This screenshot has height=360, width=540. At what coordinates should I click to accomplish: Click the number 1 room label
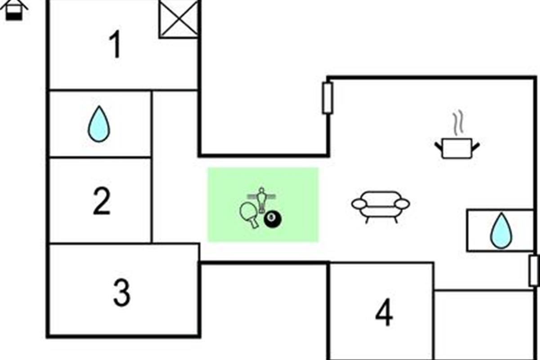[116, 45]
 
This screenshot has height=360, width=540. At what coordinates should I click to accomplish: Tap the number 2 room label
[102, 202]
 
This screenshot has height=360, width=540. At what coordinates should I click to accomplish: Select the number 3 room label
[121, 292]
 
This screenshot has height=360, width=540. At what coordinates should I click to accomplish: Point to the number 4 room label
[384, 313]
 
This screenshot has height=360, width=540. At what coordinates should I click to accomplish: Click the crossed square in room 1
[179, 19]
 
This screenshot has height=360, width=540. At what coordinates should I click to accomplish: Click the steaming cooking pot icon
[456, 148]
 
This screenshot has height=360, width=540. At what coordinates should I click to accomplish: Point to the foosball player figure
[261, 198]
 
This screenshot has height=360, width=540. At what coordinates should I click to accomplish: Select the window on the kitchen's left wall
[328, 98]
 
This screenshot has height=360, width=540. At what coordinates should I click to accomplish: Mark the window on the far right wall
[534, 270]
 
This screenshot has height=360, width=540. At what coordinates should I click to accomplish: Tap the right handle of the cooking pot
[475, 146]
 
